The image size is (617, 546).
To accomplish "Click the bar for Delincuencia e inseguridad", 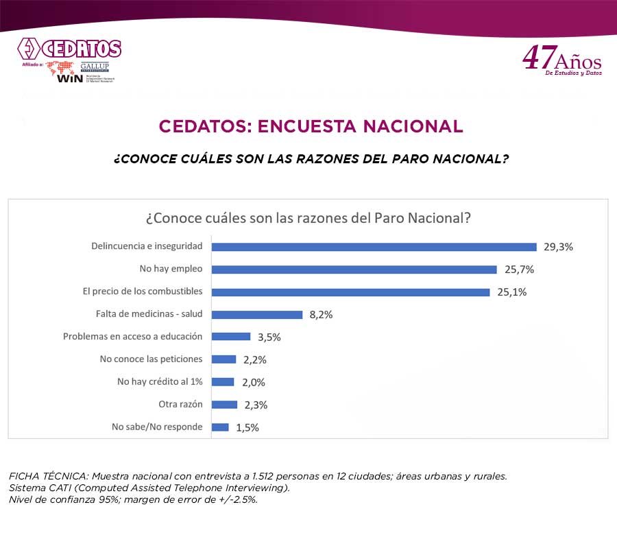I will point(374,247).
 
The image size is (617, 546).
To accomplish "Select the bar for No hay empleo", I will point(354,270).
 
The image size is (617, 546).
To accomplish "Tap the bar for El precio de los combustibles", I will point(350,292).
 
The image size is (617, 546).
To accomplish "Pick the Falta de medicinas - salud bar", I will point(257,315).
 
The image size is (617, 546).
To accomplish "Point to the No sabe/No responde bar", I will point(220,427).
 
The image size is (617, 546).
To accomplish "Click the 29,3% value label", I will point(558,247).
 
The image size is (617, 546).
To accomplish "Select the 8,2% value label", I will point(321,315).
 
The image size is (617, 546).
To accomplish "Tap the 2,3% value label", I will point(255,405).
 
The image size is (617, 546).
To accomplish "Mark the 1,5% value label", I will point(247,427).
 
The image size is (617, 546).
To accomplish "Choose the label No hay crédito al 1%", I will point(160,381).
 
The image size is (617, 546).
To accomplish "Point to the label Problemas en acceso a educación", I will point(133,337).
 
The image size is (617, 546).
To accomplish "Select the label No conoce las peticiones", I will point(151,359).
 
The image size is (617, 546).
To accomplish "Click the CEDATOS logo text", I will point(81,49).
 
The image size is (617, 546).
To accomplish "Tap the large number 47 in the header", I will point(536,58).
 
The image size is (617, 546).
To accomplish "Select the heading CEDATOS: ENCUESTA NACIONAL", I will point(311,126).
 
